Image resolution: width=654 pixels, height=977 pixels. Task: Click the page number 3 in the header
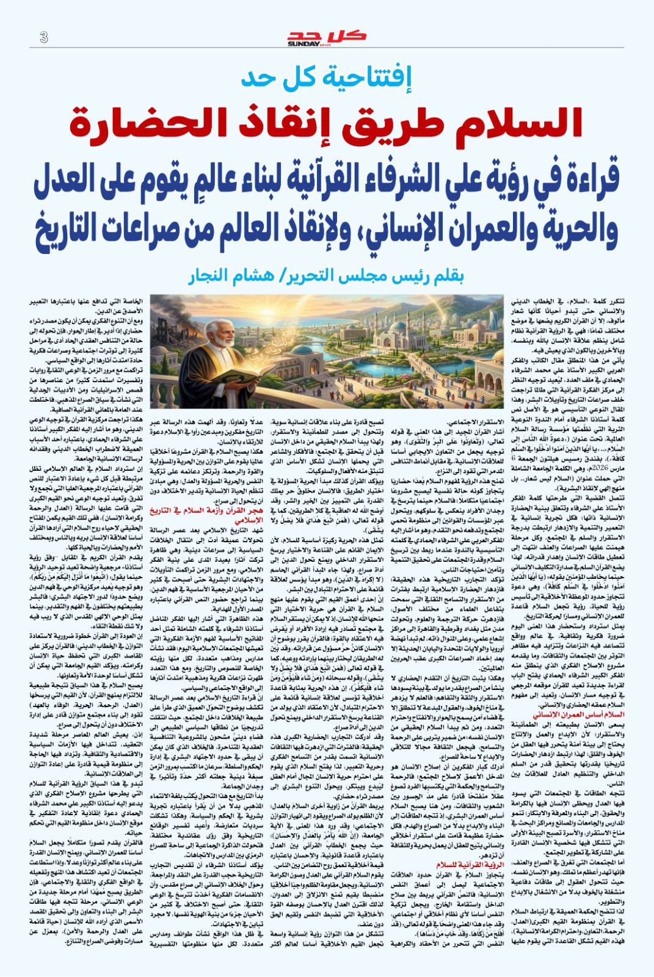tap(43, 37)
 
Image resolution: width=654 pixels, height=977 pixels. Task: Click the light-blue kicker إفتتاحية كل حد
tap(327, 78)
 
